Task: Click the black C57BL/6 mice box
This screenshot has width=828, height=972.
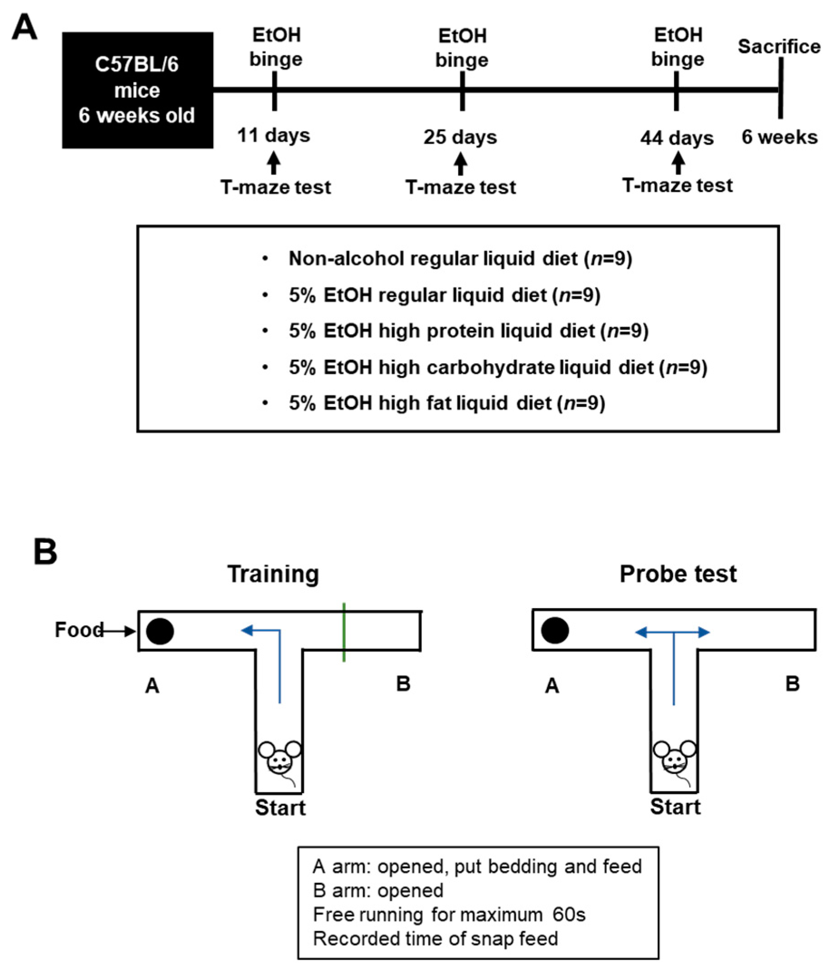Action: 137,90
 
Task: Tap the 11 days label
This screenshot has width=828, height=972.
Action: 273,135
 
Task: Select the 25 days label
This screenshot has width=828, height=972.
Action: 460,137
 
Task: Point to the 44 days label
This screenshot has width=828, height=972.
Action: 677,138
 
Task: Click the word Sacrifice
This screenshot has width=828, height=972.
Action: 779,46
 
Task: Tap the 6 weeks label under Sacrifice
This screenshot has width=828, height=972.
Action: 779,137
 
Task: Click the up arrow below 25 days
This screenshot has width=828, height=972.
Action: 460,164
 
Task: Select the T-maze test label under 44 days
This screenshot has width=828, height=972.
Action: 677,185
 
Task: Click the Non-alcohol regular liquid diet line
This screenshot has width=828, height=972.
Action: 460,258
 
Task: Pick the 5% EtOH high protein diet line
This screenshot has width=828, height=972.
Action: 468,331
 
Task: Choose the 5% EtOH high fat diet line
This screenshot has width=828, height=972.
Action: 446,403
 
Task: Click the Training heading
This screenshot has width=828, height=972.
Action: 273,574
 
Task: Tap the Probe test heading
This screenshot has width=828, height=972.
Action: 678,574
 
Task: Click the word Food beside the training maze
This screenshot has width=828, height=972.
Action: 79,629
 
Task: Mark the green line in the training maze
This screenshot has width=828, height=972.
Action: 344,632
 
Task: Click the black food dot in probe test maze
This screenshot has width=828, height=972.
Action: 555,630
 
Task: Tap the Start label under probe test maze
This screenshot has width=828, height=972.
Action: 675,807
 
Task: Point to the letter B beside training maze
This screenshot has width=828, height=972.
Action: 403,683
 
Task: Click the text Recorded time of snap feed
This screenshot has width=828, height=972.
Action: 436,938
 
